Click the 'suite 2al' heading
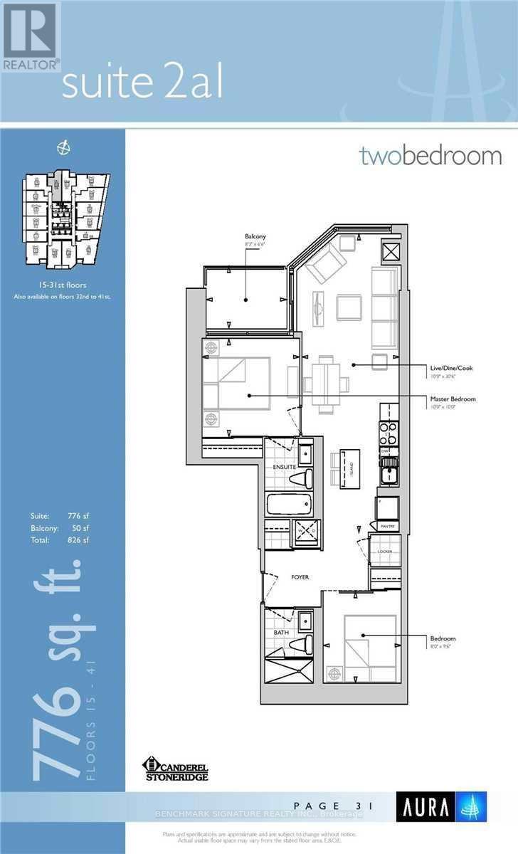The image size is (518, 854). click(x=142, y=85)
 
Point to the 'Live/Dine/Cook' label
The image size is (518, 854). click(x=450, y=368)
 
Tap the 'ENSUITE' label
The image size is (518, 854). click(x=277, y=467)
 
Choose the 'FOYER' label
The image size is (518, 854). click(x=300, y=577)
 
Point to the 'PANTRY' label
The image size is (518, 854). click(x=387, y=526)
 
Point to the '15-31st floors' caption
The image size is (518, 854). click(x=63, y=284)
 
